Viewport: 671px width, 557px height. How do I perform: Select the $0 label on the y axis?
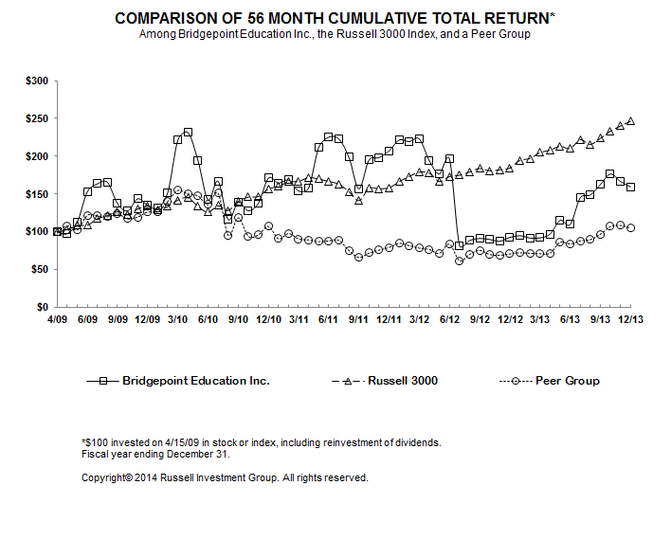click(42, 308)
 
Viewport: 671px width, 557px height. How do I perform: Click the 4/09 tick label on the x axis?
click(57, 321)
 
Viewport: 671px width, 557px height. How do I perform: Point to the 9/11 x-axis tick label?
click(356, 321)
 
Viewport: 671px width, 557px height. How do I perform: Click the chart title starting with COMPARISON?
click(335, 18)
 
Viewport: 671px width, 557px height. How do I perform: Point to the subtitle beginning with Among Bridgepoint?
click(335, 34)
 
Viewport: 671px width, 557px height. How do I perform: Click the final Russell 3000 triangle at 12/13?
click(631, 120)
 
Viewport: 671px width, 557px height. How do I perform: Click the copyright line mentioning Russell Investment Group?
click(226, 477)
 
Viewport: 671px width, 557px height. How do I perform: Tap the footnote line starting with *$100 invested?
click(263, 442)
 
